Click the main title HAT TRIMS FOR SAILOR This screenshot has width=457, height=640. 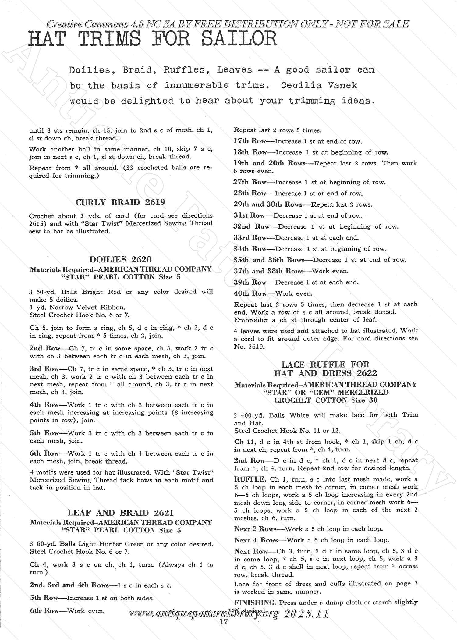pyautogui.click(x=152, y=40)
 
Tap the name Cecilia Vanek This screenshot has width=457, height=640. pyautogui.click(x=319, y=85)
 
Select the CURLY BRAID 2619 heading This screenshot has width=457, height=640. pyautogui.click(x=120, y=202)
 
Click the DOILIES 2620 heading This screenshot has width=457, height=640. pyautogui.click(x=120, y=259)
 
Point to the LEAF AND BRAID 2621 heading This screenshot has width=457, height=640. pyautogui.click(x=121, y=513)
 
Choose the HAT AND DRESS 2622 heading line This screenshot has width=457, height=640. pyautogui.click(x=325, y=373)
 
